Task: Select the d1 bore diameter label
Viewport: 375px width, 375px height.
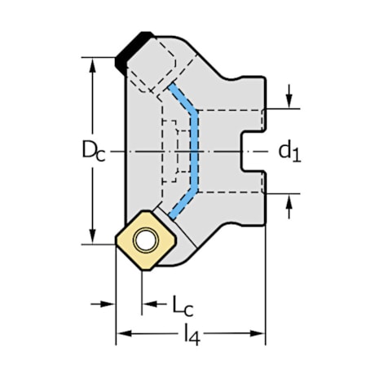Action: click(289, 150)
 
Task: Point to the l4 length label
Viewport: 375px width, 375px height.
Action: click(191, 333)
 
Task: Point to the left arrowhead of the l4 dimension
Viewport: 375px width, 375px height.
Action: click(122, 333)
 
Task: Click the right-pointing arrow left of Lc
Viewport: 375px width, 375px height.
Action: click(110, 304)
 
